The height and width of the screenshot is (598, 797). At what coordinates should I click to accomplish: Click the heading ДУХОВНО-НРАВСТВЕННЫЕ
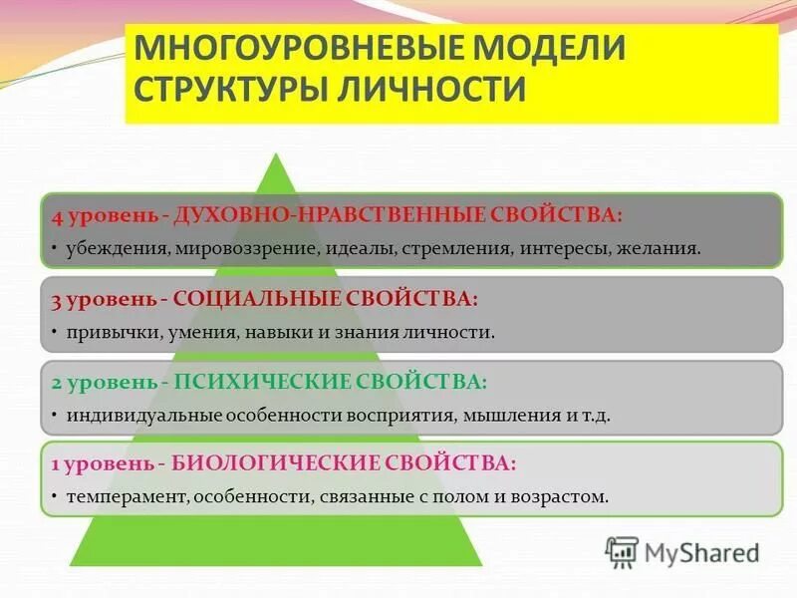tap(325, 215)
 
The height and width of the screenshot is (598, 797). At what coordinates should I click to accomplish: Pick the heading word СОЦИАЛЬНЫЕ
tap(255, 299)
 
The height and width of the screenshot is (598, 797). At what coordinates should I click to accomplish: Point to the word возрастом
tap(561, 495)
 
